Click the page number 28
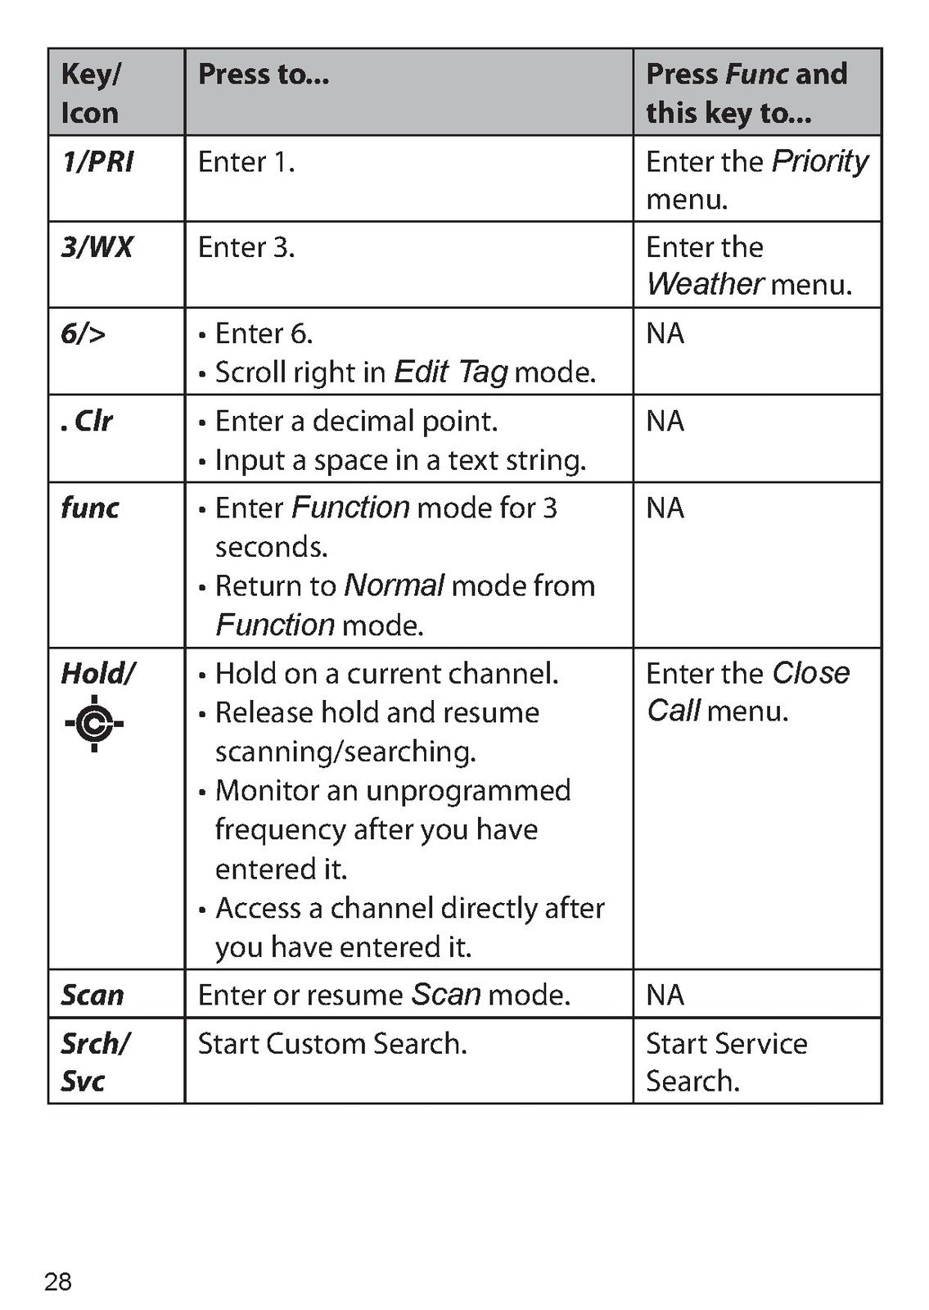(x=58, y=1281)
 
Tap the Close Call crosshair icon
(x=94, y=724)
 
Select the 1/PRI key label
(x=97, y=162)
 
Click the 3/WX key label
(x=97, y=246)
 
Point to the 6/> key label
(x=83, y=333)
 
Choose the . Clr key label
(x=87, y=421)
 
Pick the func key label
(x=90, y=508)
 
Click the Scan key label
(x=92, y=995)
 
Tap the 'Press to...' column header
(x=264, y=74)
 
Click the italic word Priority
(x=819, y=163)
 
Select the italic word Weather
(x=705, y=284)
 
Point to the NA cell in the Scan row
(x=665, y=995)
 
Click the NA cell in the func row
(x=665, y=508)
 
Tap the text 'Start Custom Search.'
(x=332, y=1044)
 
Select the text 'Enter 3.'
(x=246, y=247)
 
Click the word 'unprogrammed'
(x=468, y=792)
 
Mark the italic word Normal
(x=394, y=585)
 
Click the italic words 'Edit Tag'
(x=451, y=373)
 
